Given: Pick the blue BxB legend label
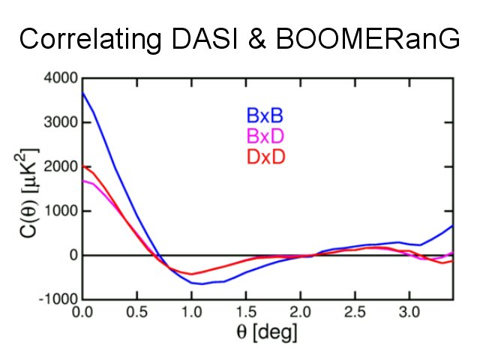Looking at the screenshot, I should [264, 117].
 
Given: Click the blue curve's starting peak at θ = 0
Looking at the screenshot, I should [82, 92].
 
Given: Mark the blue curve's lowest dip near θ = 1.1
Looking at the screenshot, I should [201, 283].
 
